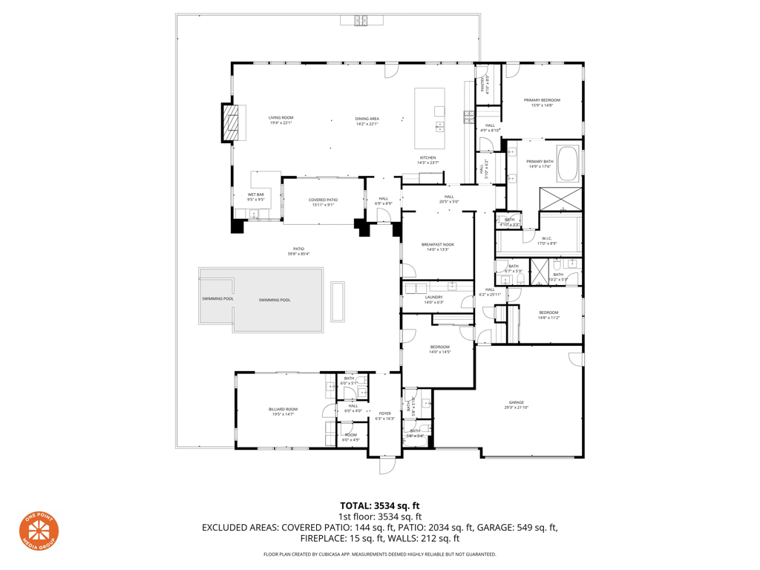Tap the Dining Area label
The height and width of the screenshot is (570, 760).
367,120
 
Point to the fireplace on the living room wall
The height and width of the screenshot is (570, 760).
232,122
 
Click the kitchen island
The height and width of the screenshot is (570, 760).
430,118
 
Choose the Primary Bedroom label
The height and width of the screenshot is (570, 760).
542,102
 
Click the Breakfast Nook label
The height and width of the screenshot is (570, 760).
437,246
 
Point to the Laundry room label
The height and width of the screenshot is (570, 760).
433,299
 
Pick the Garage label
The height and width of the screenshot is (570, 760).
517,404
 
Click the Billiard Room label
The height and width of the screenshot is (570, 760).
283,411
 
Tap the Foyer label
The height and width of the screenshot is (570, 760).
384,416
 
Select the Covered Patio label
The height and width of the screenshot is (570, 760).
323,202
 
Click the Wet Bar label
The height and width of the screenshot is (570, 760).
256,197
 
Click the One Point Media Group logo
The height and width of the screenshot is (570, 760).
39,531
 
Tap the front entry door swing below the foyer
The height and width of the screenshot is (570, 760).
387,465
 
